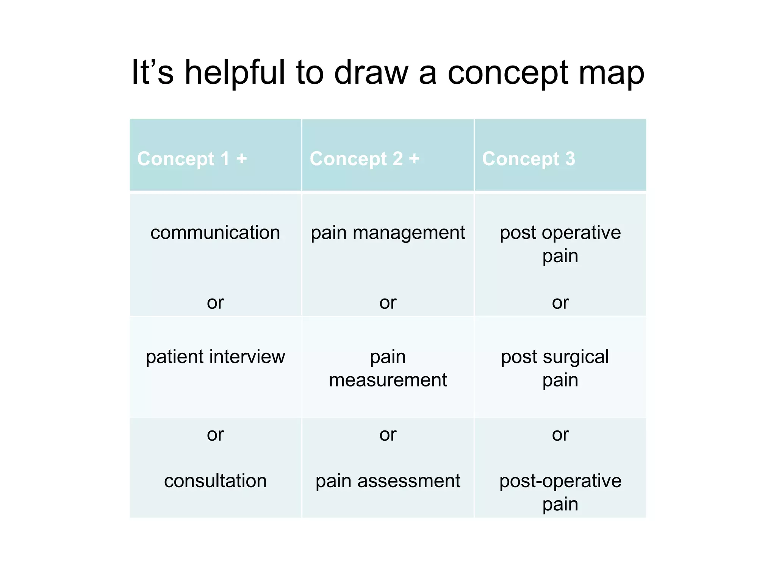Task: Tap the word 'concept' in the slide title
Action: pyautogui.click(x=508, y=73)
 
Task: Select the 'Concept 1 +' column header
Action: pyautogui.click(x=192, y=158)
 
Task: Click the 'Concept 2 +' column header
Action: pyautogui.click(x=365, y=158)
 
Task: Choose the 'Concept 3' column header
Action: pyautogui.click(x=529, y=158)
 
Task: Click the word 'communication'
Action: pyautogui.click(x=215, y=232)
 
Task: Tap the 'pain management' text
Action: pyautogui.click(x=388, y=233)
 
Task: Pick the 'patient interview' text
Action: pyautogui.click(x=215, y=357)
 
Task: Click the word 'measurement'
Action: pyautogui.click(x=388, y=380)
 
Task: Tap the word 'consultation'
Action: pyautogui.click(x=215, y=480)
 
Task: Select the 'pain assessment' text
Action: pyautogui.click(x=388, y=481)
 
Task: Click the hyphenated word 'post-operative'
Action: pyautogui.click(x=560, y=481)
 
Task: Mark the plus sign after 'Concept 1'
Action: pyautogui.click(x=242, y=158)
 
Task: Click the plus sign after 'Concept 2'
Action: pyautogui.click(x=414, y=158)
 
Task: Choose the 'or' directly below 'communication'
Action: pyautogui.click(x=215, y=302)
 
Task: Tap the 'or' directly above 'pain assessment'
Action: pyautogui.click(x=388, y=434)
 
